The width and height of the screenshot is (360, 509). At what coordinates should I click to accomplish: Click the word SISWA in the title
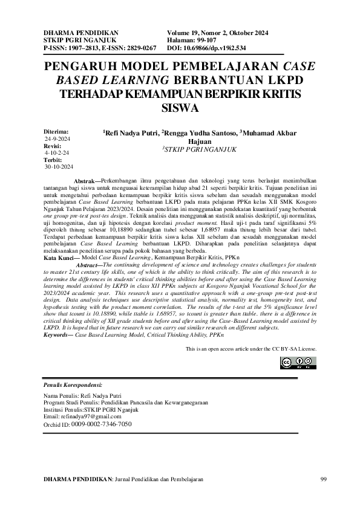(180, 109)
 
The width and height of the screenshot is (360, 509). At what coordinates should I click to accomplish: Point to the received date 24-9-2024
(58, 138)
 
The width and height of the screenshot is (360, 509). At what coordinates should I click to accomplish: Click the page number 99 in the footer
(322, 479)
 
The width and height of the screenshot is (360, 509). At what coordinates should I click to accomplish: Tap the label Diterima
(56, 131)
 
